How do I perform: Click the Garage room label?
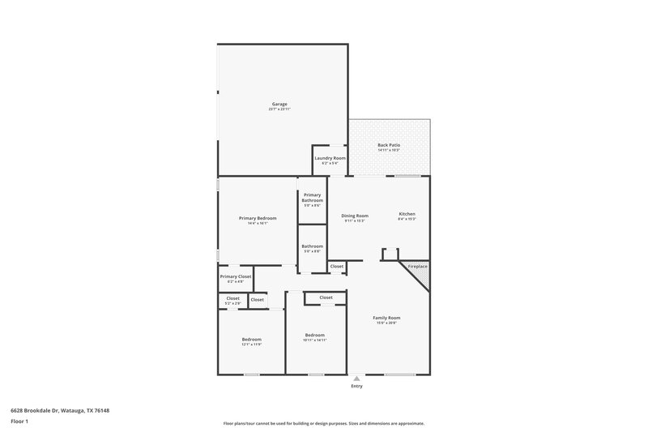tap(279, 104)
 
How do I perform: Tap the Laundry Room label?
tap(330, 157)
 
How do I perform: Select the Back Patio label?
tap(389, 145)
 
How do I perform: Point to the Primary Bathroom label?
tap(313, 197)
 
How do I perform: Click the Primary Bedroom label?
tap(258, 218)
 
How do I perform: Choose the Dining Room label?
tap(355, 215)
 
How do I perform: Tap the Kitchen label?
tap(407, 214)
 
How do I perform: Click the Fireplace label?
tap(418, 266)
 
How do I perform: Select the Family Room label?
tap(386, 318)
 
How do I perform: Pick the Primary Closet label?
tap(236, 276)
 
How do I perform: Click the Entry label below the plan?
tap(356, 386)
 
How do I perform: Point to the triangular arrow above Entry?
tap(356, 378)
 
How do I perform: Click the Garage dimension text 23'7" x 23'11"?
tap(279, 109)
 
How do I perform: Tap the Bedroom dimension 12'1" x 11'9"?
tap(251, 344)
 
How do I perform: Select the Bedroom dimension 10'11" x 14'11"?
tap(314, 340)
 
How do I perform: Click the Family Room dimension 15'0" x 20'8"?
tap(386, 323)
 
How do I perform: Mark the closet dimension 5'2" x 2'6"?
tap(232, 303)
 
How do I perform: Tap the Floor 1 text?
tap(19, 422)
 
